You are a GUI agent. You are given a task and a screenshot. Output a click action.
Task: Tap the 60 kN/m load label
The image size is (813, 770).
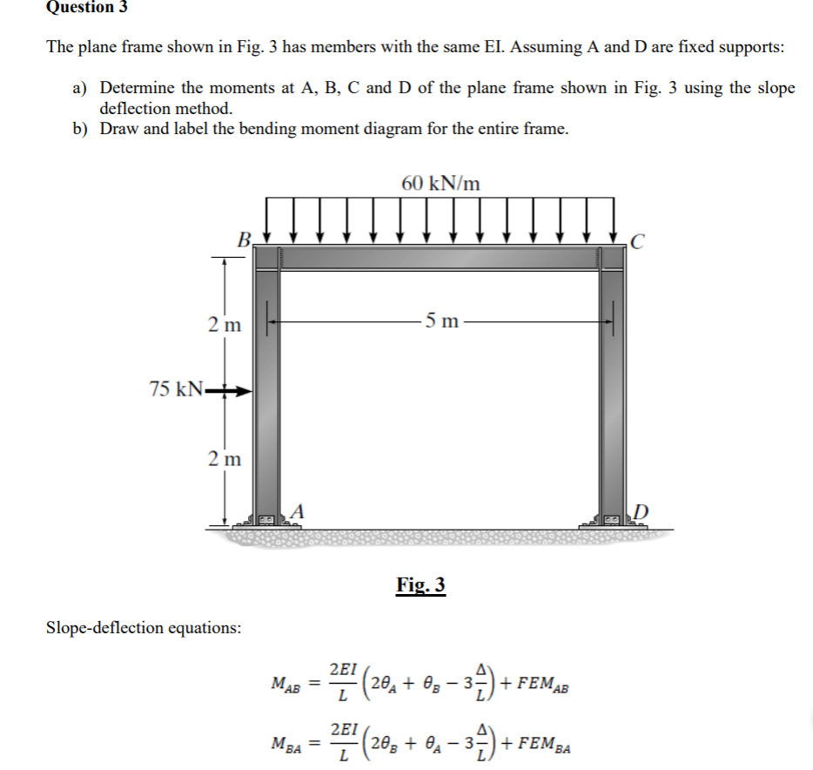coord(440,184)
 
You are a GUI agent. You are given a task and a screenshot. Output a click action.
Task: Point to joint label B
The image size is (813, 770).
coord(245,239)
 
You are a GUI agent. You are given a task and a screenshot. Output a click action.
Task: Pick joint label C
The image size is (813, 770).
coord(638,240)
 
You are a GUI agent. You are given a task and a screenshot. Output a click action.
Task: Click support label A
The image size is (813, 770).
coord(299,510)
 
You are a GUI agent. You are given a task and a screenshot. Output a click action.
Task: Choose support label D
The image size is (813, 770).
coord(642,510)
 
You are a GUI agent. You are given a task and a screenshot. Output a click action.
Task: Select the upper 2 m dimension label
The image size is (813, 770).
coord(225,325)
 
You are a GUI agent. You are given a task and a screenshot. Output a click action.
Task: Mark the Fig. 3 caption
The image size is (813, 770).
coord(420,584)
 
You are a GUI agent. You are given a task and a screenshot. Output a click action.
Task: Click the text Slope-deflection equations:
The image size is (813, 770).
coord(144,628)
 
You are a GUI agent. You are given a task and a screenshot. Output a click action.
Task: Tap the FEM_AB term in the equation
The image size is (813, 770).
coord(541,682)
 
